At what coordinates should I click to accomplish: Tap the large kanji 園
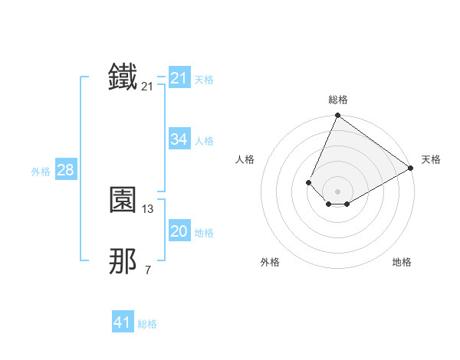(123, 200)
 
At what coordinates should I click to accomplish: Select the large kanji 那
(123, 261)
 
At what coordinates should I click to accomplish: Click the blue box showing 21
(179, 78)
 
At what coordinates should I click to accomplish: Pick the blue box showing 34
(179, 139)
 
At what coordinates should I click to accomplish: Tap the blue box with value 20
(179, 231)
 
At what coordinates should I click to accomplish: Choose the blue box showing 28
(65, 170)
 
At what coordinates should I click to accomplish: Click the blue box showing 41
(123, 322)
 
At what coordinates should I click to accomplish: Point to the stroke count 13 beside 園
(148, 208)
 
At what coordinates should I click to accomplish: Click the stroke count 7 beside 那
(148, 270)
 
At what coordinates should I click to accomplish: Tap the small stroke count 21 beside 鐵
(148, 87)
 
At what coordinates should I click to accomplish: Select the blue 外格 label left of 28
(41, 172)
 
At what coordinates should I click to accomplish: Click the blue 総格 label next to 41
(147, 324)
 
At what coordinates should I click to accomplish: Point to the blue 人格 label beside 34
(205, 141)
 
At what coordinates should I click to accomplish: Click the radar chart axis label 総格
(337, 100)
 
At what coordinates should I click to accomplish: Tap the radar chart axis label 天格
(431, 159)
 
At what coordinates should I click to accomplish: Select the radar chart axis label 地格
(402, 262)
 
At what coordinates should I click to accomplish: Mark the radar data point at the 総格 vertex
(337, 116)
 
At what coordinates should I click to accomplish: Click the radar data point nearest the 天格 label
(410, 168)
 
